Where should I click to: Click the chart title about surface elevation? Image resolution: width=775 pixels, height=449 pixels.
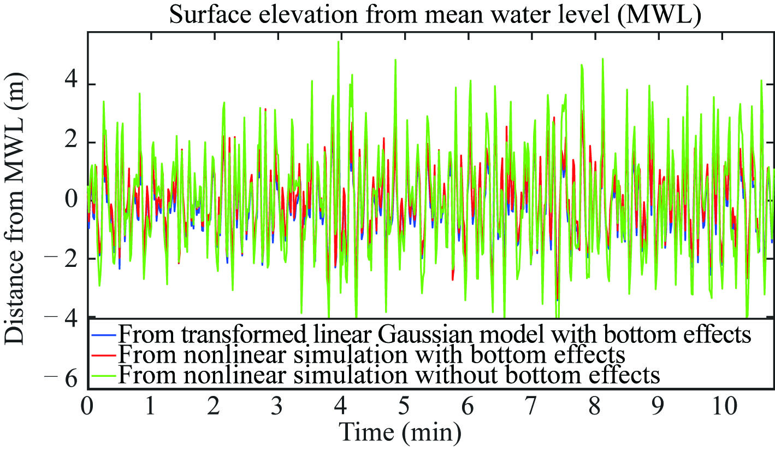click(435, 15)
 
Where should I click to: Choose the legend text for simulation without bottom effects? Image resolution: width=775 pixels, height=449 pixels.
click(389, 375)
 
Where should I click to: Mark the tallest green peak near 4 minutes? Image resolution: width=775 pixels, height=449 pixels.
click(339, 42)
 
